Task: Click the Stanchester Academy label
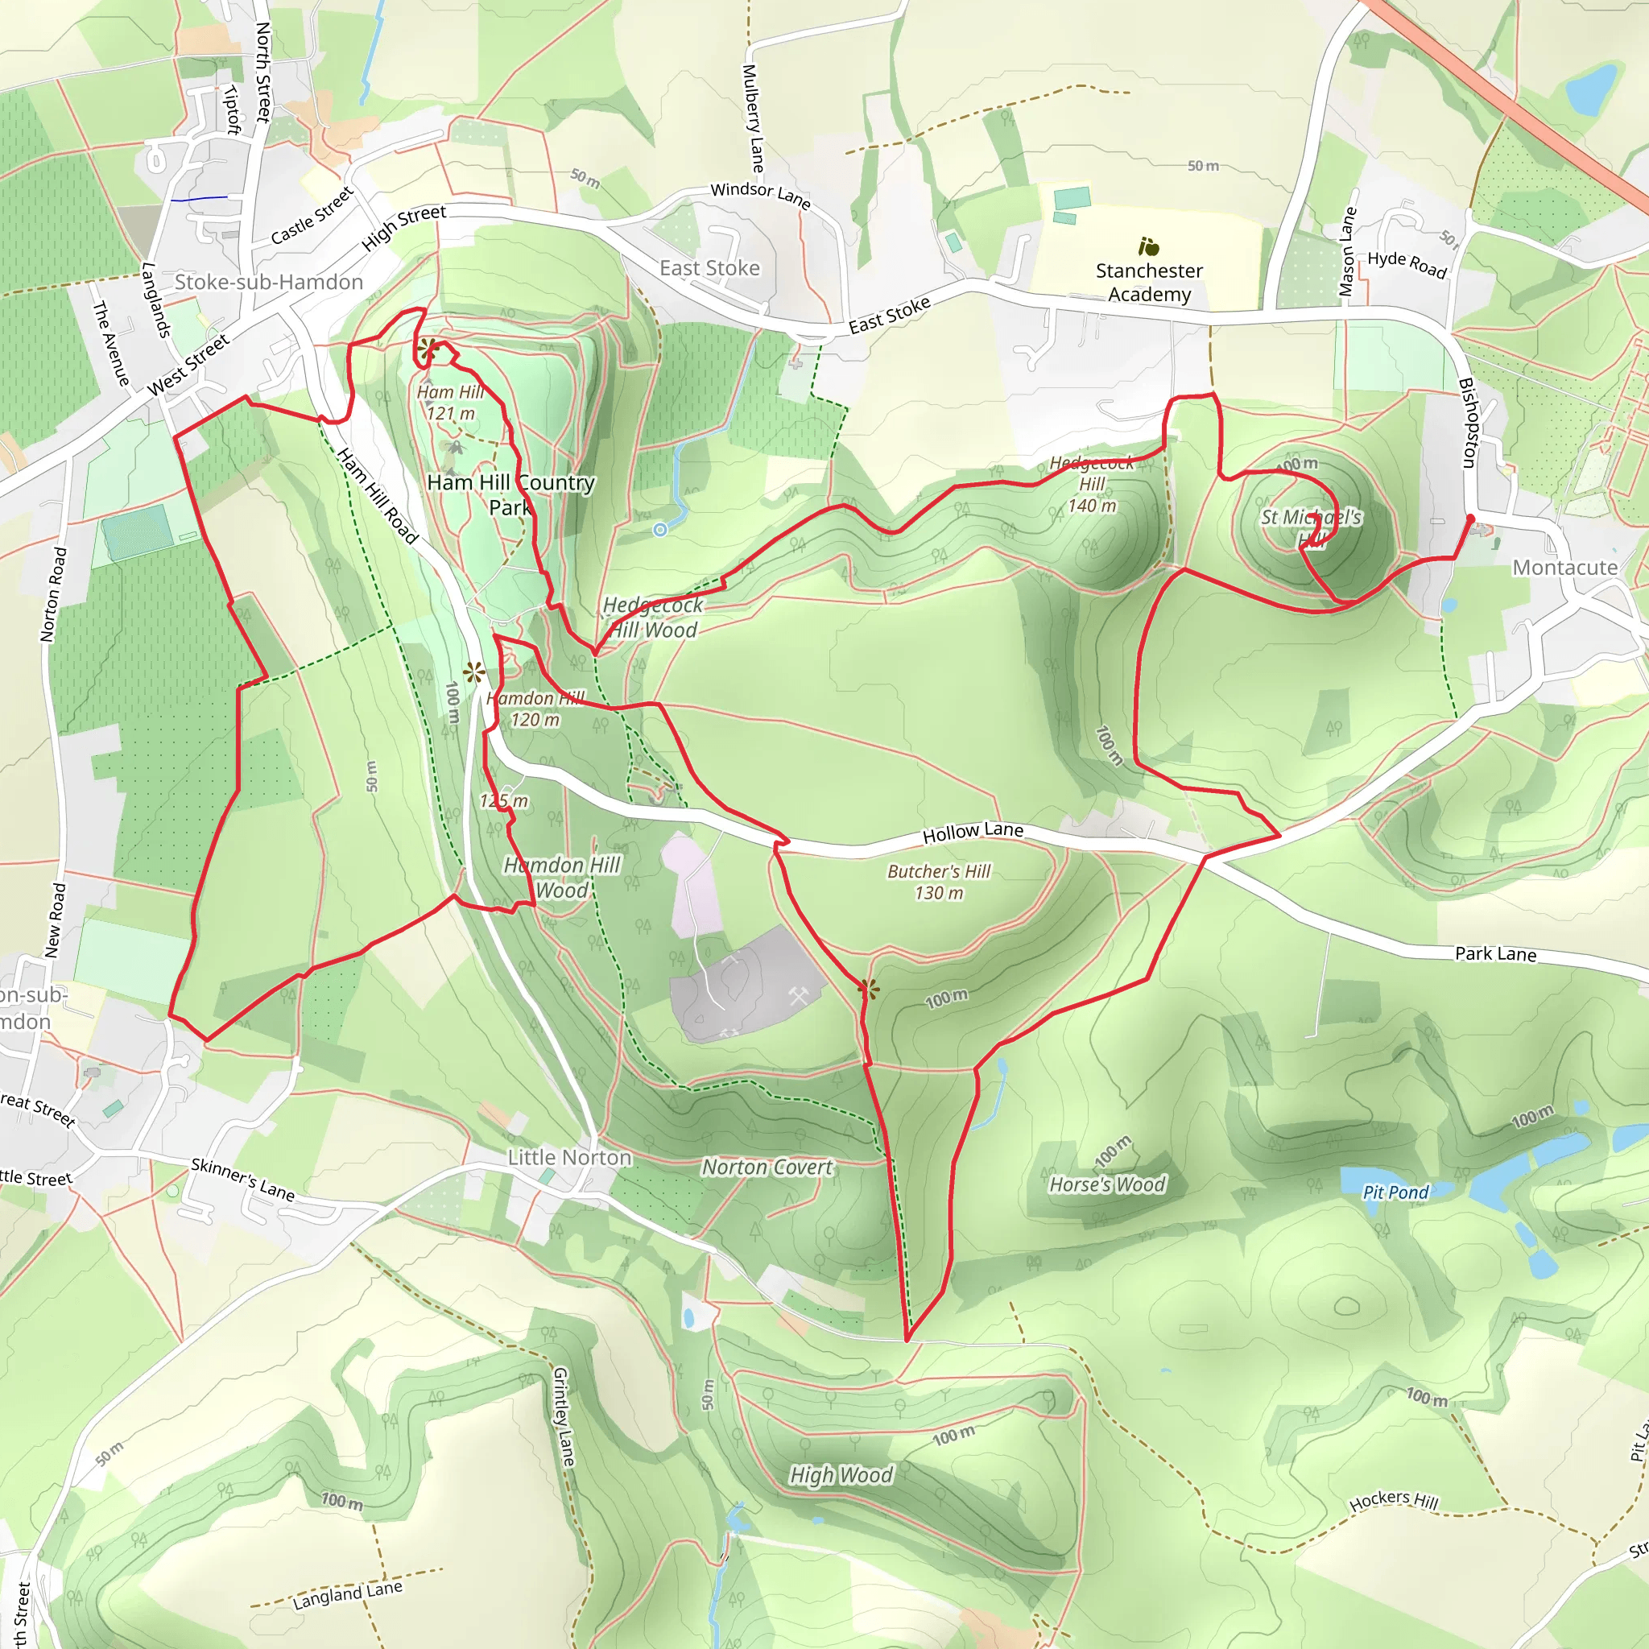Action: pos(1149,283)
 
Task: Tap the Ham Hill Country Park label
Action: pos(510,495)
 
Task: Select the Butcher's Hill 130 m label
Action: pos(939,882)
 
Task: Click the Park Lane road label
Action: pos(1495,954)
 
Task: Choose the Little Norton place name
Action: pos(569,1157)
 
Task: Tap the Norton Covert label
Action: pos(767,1168)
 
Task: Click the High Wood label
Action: pos(841,1475)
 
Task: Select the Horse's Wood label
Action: pos(1107,1184)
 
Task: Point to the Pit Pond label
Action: pos(1395,1192)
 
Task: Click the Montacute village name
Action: pos(1564,568)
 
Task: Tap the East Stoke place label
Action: pos(709,268)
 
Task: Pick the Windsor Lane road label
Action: pos(760,195)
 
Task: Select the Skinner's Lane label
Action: pos(243,1179)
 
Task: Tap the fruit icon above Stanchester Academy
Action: pos(1149,247)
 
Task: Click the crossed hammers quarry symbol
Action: pos(799,995)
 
